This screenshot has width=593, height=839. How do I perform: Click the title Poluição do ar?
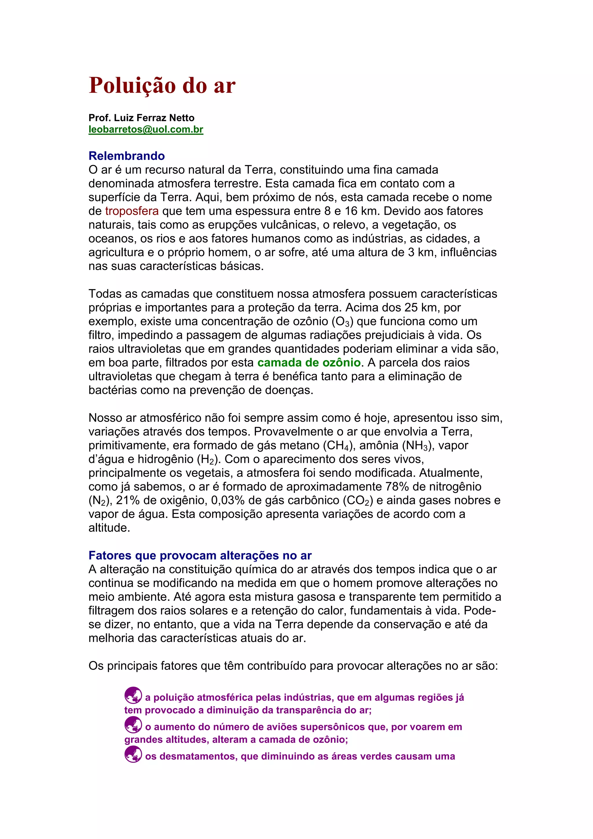(x=162, y=85)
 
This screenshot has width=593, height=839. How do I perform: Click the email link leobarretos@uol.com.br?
(x=146, y=130)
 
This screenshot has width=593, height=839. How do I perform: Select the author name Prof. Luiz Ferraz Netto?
(x=141, y=118)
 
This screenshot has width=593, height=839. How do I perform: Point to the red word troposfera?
(x=132, y=211)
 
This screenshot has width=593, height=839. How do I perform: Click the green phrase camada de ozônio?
(x=309, y=362)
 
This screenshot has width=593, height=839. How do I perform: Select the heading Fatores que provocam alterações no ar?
(x=200, y=555)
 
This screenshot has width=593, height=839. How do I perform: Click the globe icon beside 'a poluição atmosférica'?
(x=133, y=695)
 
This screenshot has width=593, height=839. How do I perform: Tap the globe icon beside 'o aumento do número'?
(x=133, y=725)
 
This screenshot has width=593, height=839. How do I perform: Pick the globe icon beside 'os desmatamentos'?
(x=133, y=754)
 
